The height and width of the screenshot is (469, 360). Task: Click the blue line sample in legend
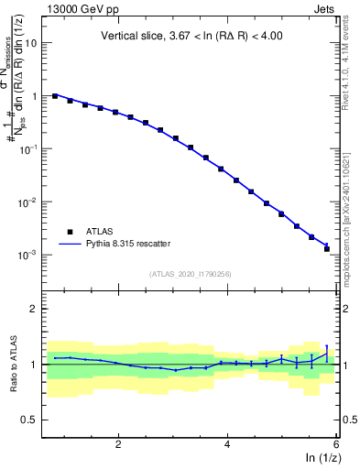[x=71, y=244]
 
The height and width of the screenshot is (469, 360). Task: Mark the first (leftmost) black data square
[x=55, y=95]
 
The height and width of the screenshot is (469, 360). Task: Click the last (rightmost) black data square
[x=327, y=248]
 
